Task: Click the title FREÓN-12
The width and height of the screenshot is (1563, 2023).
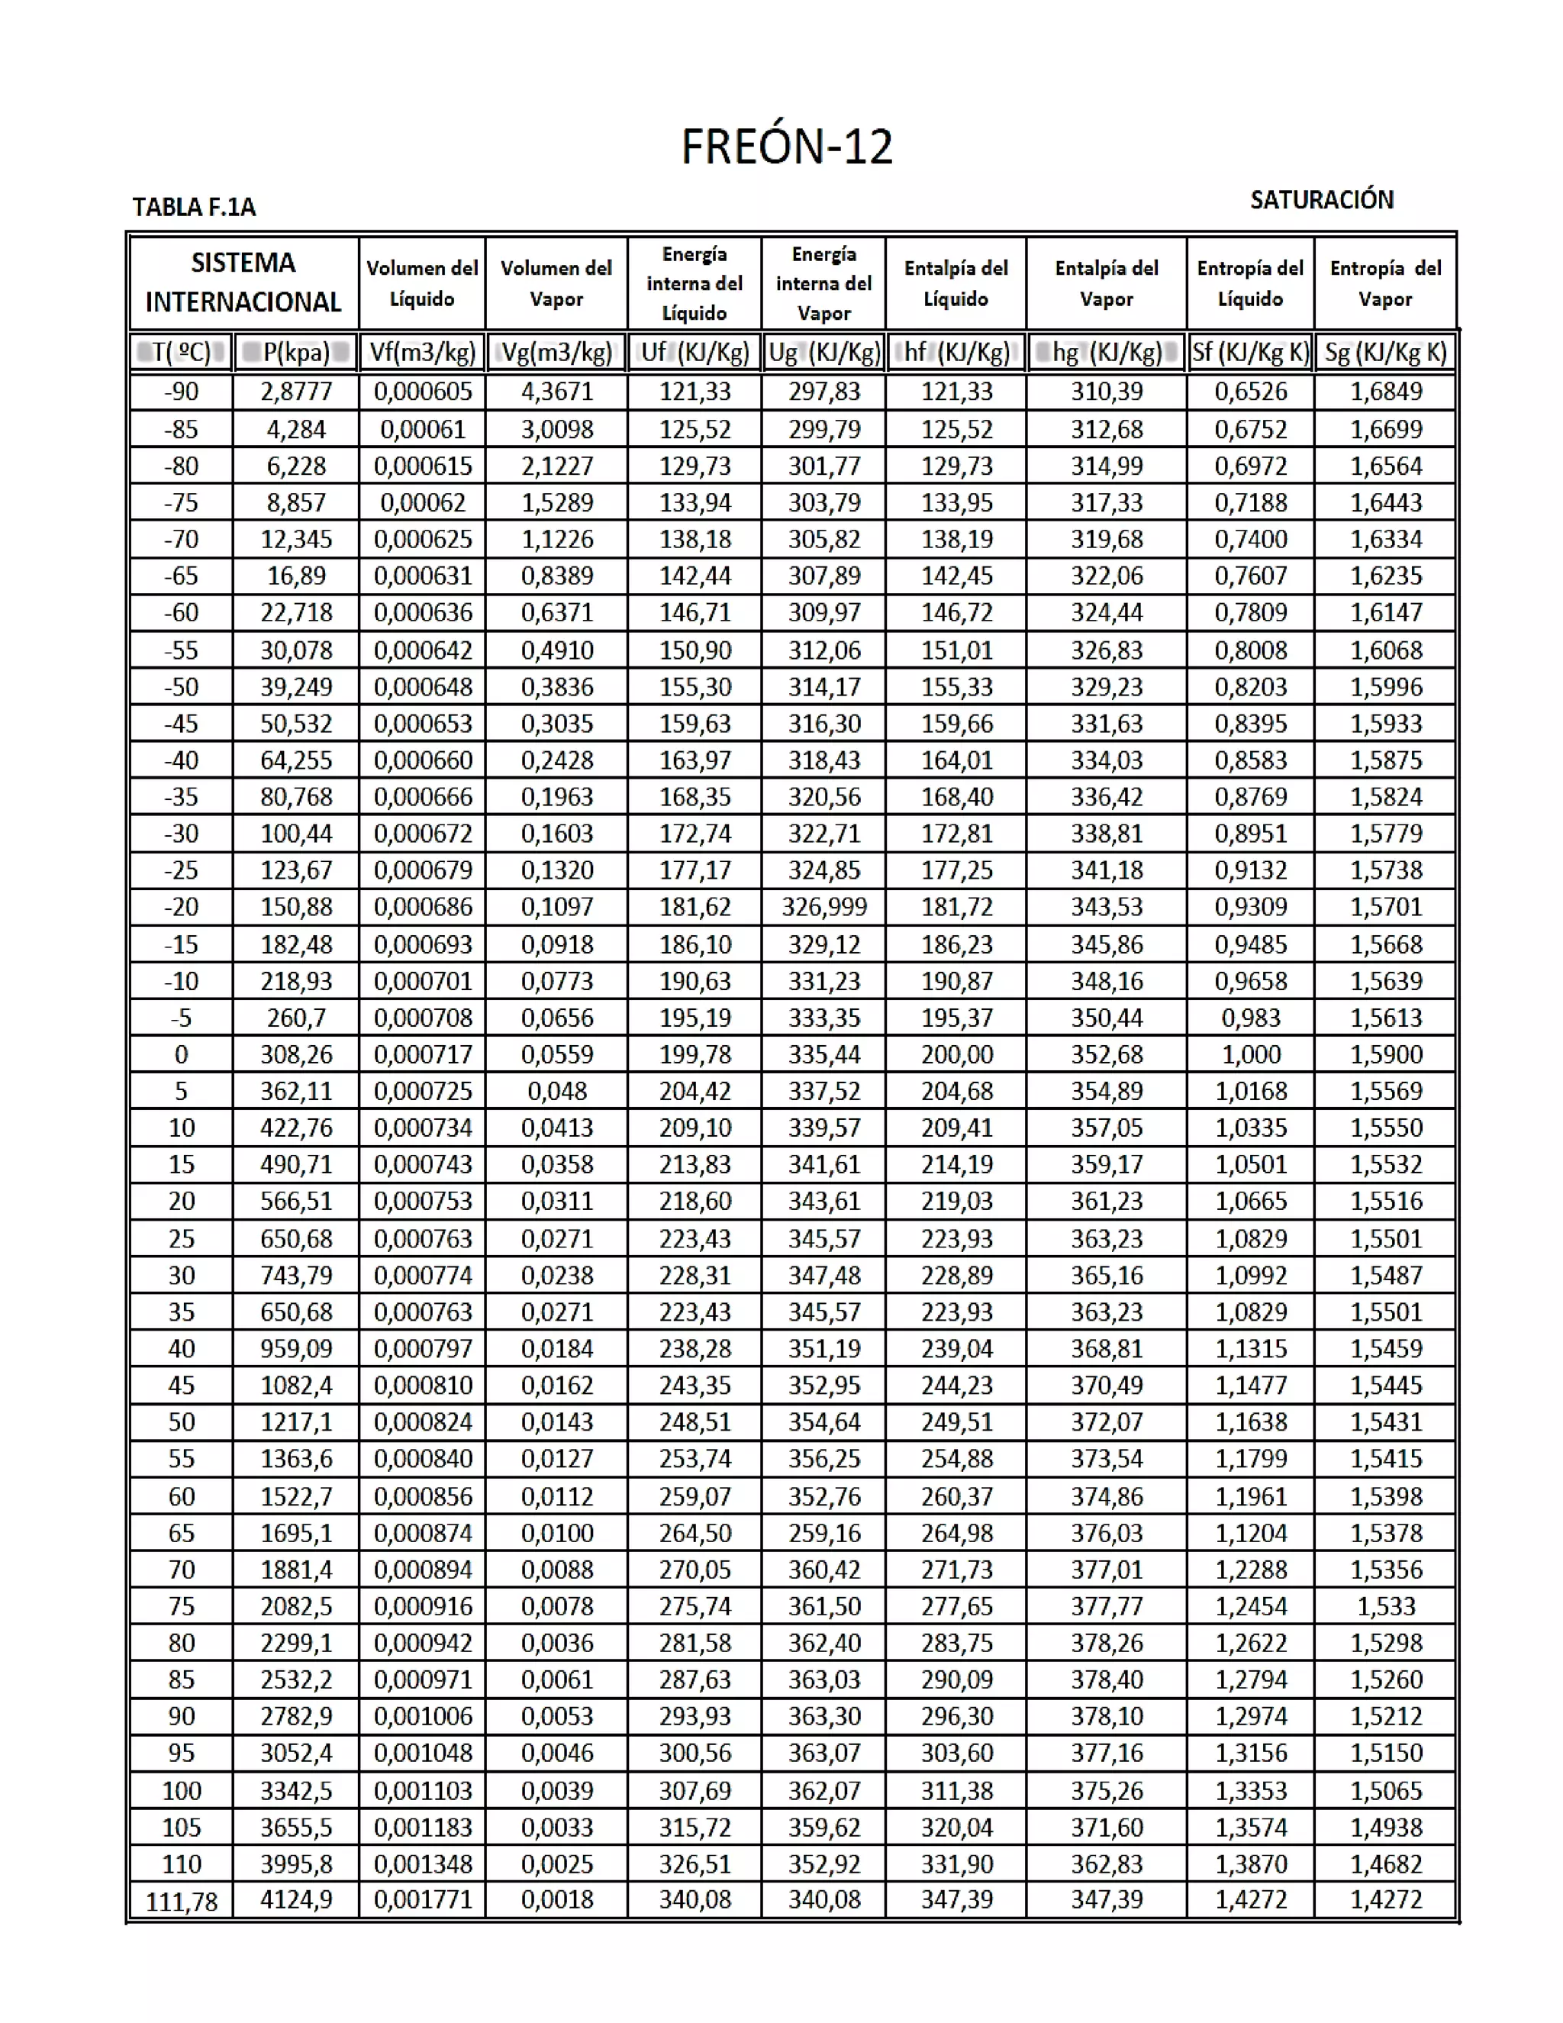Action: pyautogui.click(x=786, y=147)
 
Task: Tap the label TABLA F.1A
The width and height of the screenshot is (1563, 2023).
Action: pyautogui.click(x=194, y=207)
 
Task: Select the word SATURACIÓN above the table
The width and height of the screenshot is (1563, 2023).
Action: pyautogui.click(x=1320, y=199)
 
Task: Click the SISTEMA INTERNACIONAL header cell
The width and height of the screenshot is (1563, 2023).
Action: pyautogui.click(x=243, y=282)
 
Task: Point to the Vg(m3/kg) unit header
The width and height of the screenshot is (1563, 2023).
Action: pyautogui.click(x=556, y=352)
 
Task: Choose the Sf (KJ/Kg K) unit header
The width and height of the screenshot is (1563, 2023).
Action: pyautogui.click(x=1249, y=352)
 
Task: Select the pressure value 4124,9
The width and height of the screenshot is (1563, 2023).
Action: pyautogui.click(x=295, y=1900)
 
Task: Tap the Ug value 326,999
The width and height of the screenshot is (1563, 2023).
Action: pyautogui.click(x=823, y=907)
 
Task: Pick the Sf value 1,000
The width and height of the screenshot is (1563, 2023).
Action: pyautogui.click(x=1250, y=1054)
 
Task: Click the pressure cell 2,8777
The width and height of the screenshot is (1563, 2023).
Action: pyautogui.click(x=295, y=391)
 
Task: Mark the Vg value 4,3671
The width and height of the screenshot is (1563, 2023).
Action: pyautogui.click(x=556, y=391)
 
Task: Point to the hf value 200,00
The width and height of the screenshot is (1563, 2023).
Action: pyautogui.click(x=956, y=1054)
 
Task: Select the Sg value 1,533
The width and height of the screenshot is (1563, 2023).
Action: pyautogui.click(x=1385, y=1606)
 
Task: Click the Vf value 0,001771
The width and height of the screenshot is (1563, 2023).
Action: pyautogui.click(x=422, y=1900)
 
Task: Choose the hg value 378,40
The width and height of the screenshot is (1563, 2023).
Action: pyautogui.click(x=1106, y=1679)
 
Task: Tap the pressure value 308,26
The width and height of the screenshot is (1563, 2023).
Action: pyautogui.click(x=295, y=1054)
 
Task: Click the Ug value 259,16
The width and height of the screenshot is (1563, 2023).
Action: pyautogui.click(x=823, y=1533)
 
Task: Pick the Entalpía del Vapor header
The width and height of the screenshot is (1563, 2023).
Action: pyautogui.click(x=1106, y=282)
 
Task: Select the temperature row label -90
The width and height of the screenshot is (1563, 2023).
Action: pyautogui.click(x=182, y=391)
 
